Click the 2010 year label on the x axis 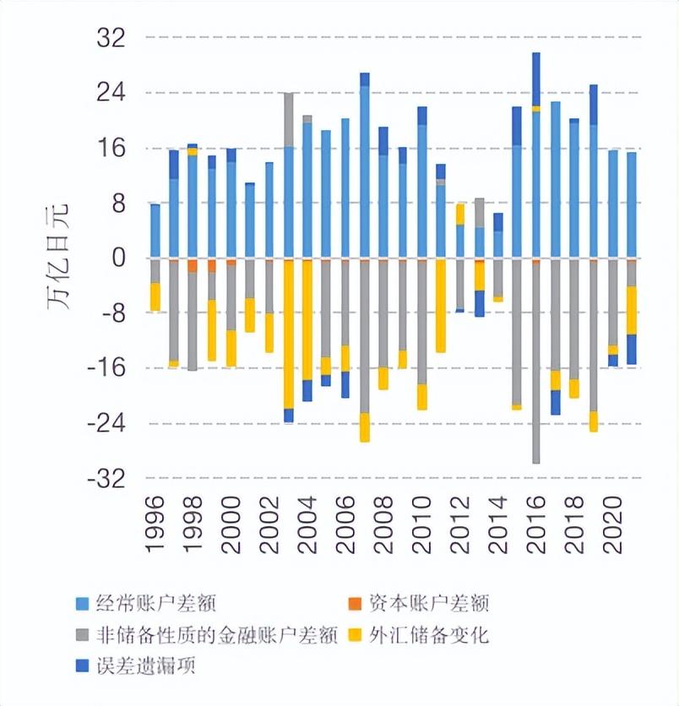click(422, 524)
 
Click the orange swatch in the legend click(354, 603)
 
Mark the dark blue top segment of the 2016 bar click(536, 79)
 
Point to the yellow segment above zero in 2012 click(460, 214)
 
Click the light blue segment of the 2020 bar click(613, 204)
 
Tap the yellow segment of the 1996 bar click(155, 296)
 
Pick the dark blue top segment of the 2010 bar click(422, 116)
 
